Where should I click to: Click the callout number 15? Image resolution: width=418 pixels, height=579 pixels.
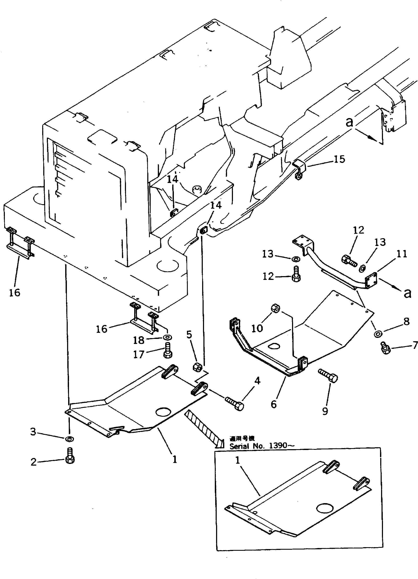[x=339, y=159]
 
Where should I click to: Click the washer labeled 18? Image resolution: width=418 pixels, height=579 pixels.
[x=168, y=337]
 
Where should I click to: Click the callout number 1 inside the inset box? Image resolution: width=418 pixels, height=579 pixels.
[x=238, y=460]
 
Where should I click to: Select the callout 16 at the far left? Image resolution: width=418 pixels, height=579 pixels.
[x=15, y=293]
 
